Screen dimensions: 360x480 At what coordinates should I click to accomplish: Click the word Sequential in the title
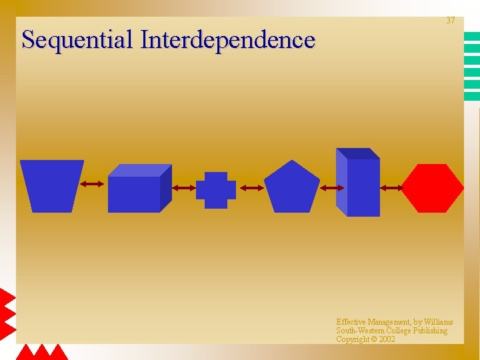coord(77,40)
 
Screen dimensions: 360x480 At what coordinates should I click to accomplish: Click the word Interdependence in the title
coord(227,39)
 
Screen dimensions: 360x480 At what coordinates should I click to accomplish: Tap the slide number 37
coord(451,21)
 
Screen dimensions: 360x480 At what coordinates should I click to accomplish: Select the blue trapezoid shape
coord(51,185)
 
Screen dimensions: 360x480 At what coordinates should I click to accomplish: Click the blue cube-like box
coord(137,190)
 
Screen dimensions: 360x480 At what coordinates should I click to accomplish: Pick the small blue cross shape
coord(215,190)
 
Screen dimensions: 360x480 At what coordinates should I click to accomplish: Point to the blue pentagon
coord(291,187)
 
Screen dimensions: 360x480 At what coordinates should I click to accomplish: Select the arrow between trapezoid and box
coord(92,184)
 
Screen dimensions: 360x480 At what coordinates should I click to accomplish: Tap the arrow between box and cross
coord(183,189)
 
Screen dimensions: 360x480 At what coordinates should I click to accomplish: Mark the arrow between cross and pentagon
coord(251,189)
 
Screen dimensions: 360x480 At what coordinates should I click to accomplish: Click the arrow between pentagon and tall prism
coord(332,189)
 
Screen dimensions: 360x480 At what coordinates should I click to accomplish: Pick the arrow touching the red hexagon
coord(392,189)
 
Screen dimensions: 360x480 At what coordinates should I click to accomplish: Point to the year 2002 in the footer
coord(387,339)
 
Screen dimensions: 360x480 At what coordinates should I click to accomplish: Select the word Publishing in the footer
coord(429,331)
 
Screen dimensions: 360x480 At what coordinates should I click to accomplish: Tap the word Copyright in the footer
coord(353,339)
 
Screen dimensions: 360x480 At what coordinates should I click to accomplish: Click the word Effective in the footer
coord(351,322)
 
